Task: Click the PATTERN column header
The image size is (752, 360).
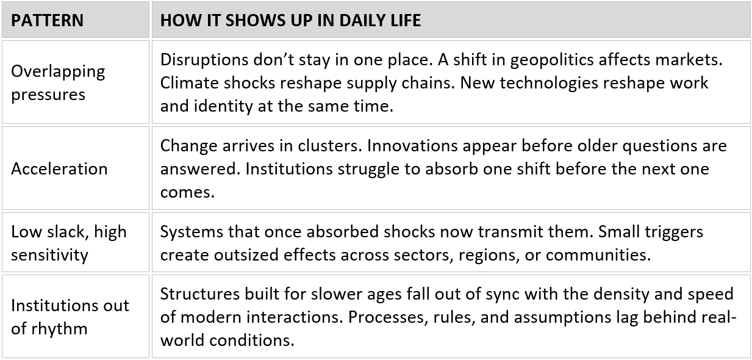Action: click(48, 20)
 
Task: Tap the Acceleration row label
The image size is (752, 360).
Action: click(59, 168)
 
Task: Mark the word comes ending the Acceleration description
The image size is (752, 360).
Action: click(187, 193)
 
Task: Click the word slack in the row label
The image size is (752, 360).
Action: click(69, 232)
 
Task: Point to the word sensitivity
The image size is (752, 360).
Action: click(49, 256)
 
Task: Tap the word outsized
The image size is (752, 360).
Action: click(246, 254)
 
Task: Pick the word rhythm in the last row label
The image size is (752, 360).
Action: click(59, 329)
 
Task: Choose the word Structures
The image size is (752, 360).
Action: click(200, 294)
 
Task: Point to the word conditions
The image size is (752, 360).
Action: click(252, 340)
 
